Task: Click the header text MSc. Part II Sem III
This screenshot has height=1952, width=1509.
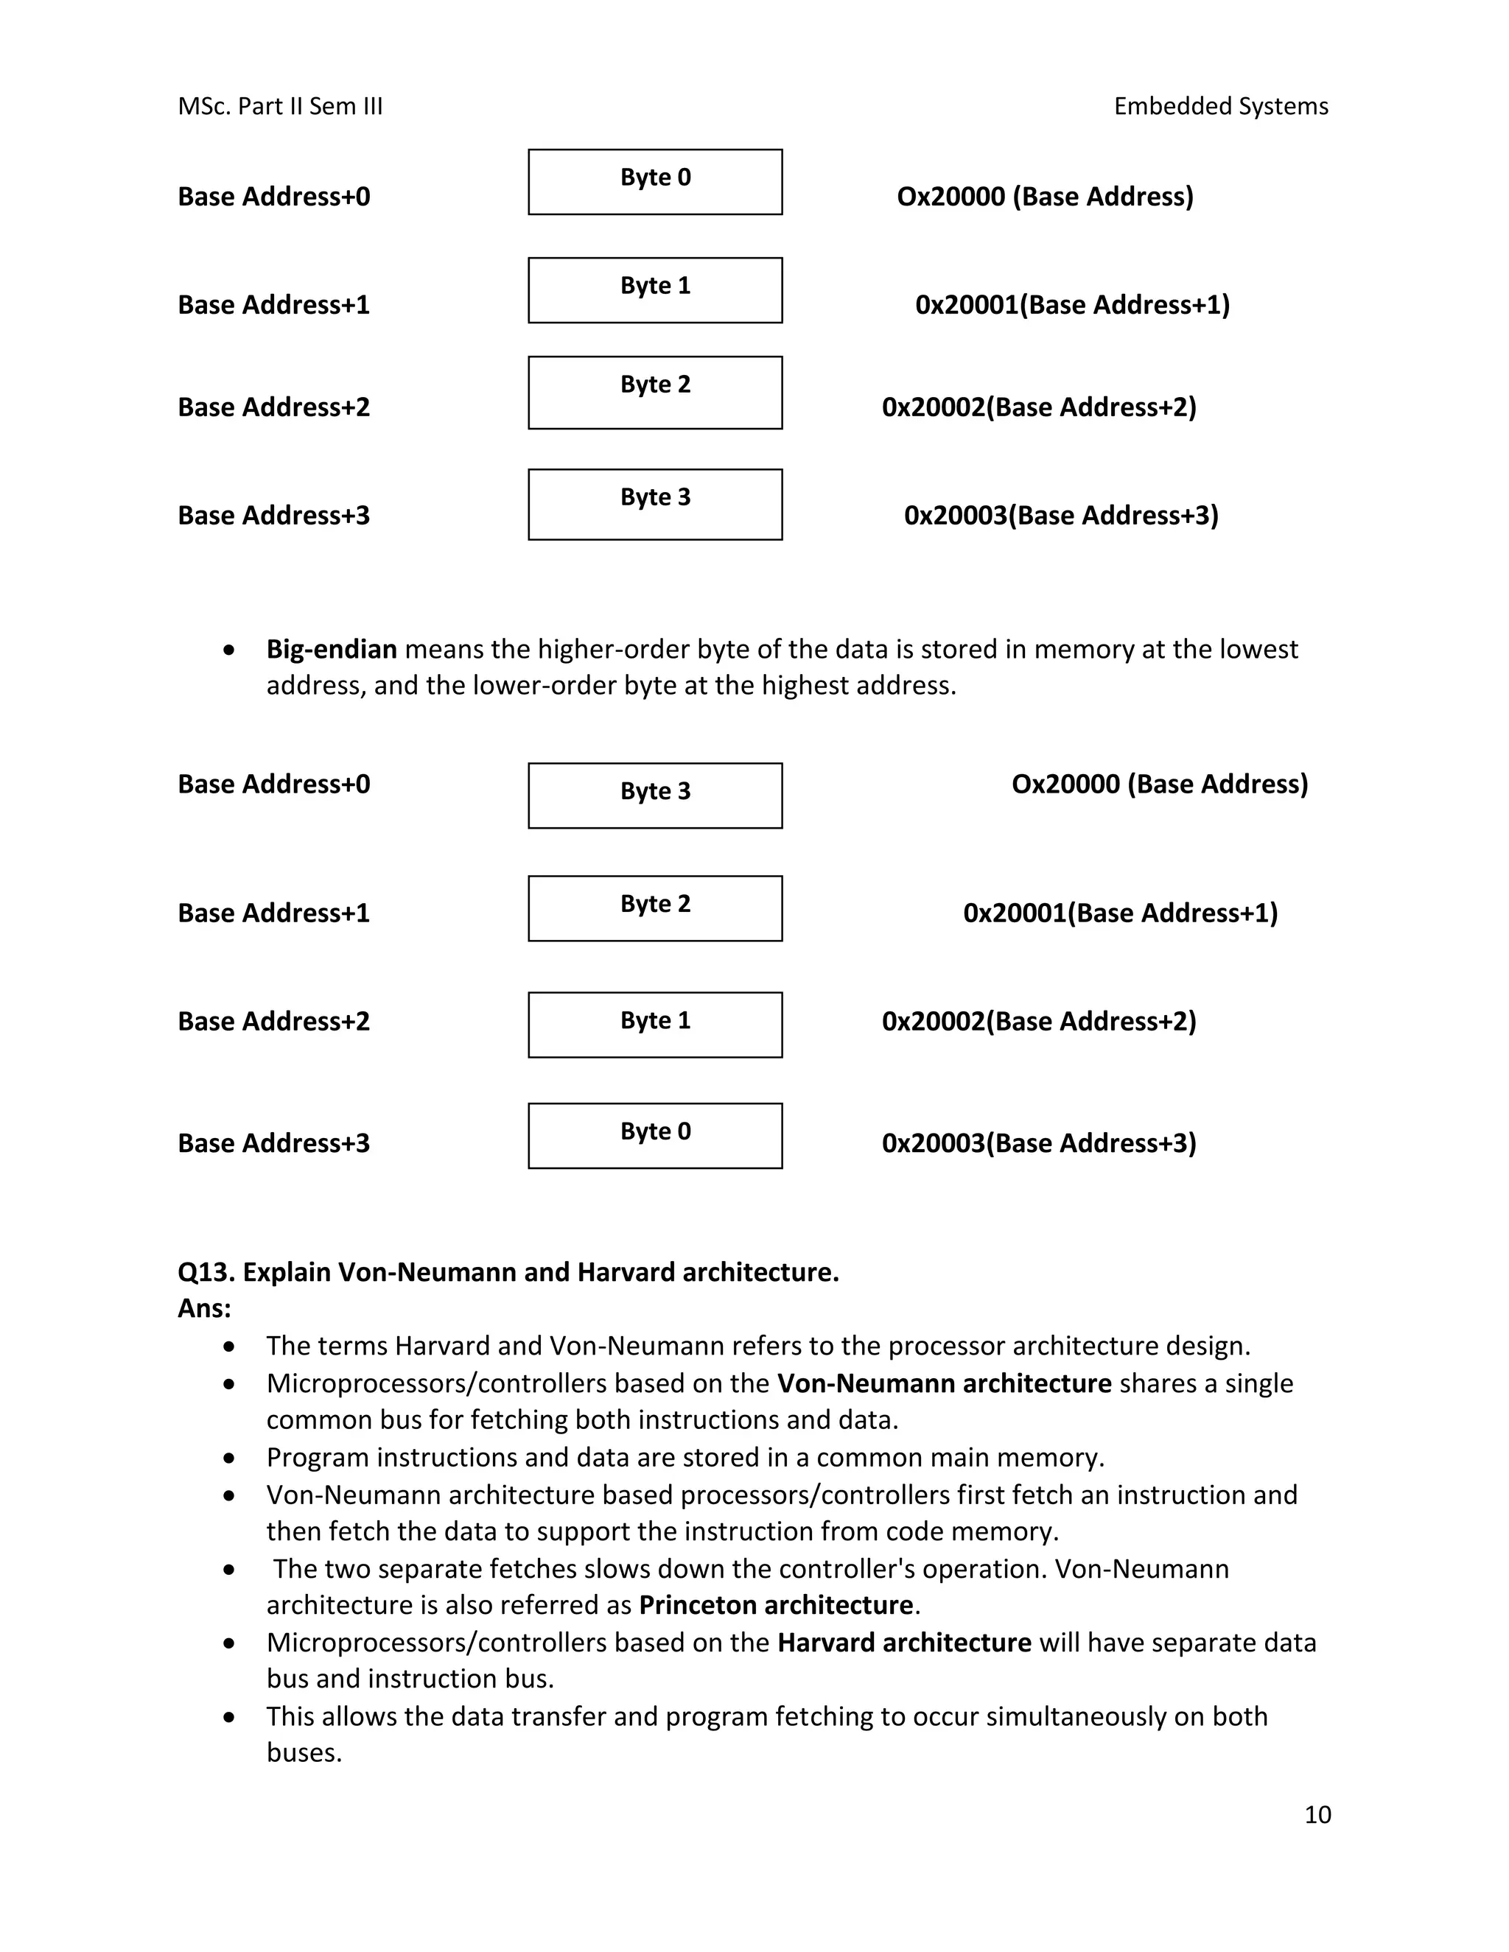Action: point(280,106)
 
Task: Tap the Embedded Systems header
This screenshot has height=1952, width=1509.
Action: point(1220,106)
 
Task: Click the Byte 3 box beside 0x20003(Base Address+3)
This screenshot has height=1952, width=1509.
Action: point(654,504)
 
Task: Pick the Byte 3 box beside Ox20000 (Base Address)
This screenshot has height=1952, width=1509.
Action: point(654,795)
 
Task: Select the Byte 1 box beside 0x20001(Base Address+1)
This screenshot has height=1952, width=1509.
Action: point(654,290)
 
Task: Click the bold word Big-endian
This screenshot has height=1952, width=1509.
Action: point(331,649)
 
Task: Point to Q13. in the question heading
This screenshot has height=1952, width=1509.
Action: point(206,1272)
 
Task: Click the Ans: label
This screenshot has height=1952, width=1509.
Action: point(205,1308)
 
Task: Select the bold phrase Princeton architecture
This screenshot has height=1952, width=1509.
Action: point(775,1605)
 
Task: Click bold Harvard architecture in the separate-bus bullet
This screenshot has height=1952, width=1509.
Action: point(904,1643)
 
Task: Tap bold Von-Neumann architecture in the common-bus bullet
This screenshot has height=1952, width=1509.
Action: point(944,1383)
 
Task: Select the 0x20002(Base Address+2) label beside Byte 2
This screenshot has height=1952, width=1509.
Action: point(1039,407)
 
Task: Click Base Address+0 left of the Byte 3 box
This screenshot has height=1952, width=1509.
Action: point(273,784)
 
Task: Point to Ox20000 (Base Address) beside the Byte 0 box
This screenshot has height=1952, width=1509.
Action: point(1045,197)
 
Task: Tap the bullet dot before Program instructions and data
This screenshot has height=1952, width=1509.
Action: point(230,1458)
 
